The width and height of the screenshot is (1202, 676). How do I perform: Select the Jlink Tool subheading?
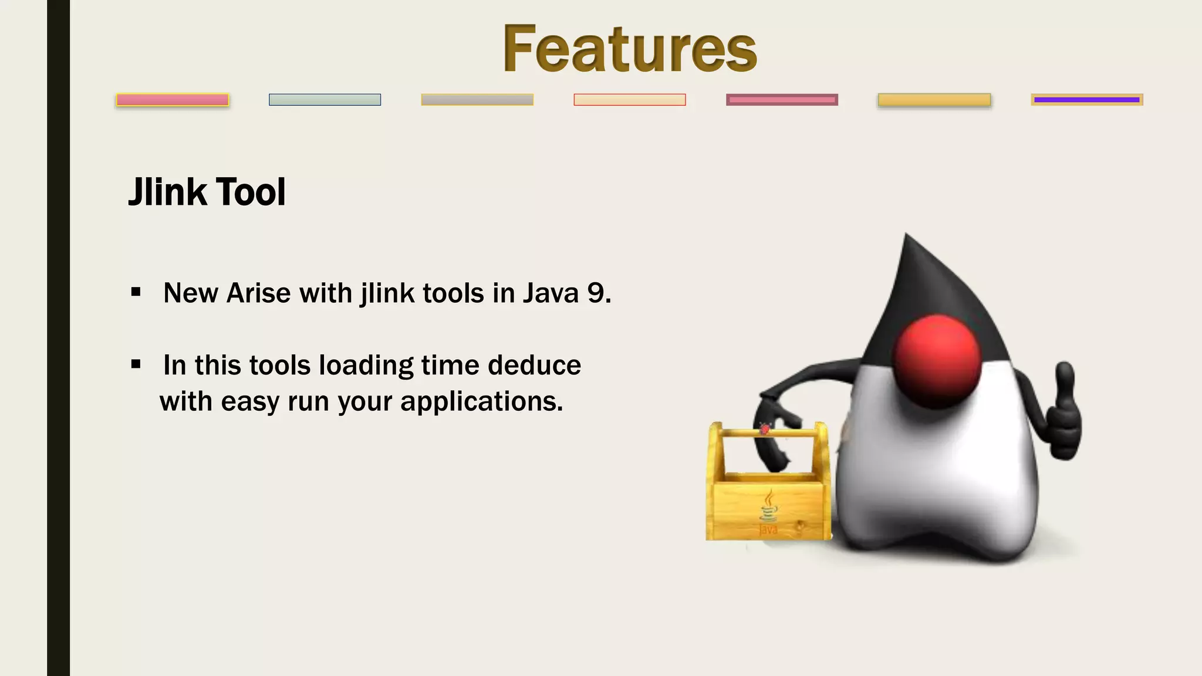tap(207, 192)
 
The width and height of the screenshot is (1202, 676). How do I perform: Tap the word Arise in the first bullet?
tap(258, 293)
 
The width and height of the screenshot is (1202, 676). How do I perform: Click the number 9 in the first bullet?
tap(596, 293)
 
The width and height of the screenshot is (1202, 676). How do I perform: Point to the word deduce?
tap(534, 365)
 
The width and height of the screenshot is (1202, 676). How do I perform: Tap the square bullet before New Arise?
tap(136, 292)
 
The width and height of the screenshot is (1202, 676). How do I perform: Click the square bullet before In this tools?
tap(136, 364)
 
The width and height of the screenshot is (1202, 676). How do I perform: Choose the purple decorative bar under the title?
tap(1086, 100)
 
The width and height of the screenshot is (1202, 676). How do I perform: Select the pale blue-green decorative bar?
tap(325, 100)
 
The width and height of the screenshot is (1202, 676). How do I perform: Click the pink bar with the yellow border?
tap(173, 100)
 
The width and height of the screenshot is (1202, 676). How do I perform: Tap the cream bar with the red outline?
tap(629, 100)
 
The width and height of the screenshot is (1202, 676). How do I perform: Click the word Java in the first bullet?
tap(551, 293)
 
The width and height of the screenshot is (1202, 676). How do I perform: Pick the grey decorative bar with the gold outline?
tap(477, 100)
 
